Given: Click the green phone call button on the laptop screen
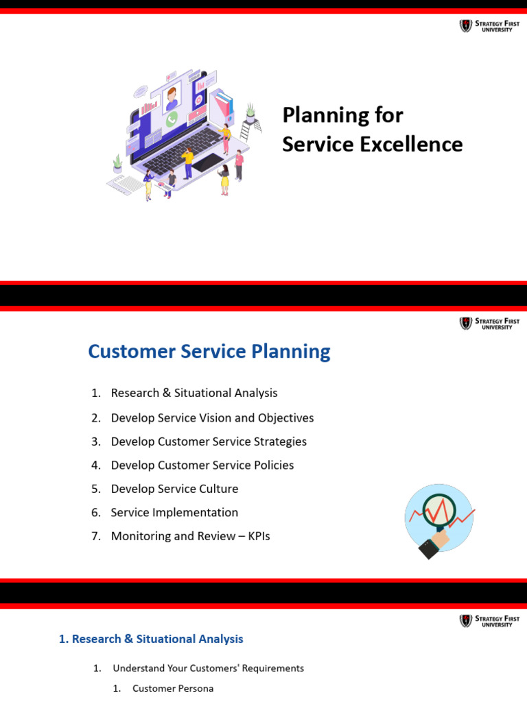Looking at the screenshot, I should click(x=172, y=119).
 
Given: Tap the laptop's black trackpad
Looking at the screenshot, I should click(x=207, y=163).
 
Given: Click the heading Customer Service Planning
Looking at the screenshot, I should click(x=209, y=351).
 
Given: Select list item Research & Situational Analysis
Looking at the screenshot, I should click(x=194, y=393).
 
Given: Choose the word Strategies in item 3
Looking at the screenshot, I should click(x=278, y=441).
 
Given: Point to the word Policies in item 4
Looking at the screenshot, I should click(x=272, y=465).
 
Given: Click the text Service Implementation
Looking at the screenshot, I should click(x=174, y=512).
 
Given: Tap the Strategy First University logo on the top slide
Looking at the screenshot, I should click(x=486, y=26).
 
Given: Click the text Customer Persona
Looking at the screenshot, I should click(x=173, y=688).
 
